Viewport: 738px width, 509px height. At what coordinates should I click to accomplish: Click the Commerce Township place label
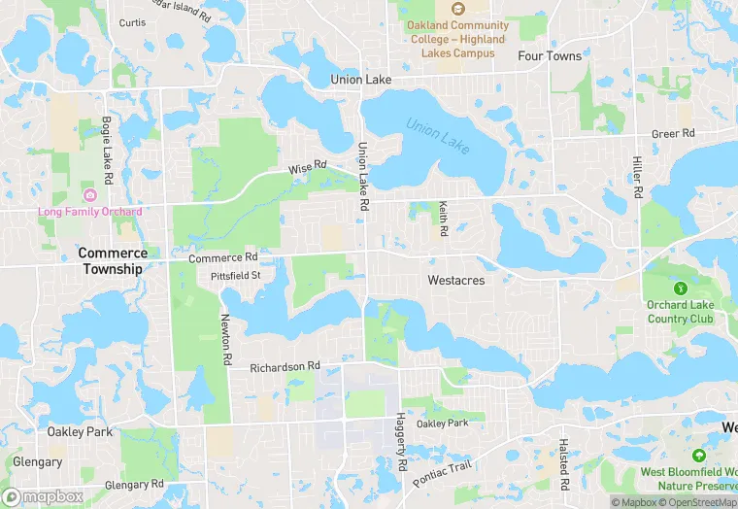113,260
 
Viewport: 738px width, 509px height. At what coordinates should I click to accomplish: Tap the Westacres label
455,280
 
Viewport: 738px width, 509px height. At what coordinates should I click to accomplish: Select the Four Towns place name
550,56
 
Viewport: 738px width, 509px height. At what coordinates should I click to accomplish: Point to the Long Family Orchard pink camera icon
90,195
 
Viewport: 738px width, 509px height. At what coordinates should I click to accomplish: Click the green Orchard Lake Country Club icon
681,288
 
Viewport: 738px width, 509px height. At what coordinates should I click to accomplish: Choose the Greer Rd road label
673,133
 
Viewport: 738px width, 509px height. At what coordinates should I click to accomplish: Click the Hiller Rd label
638,177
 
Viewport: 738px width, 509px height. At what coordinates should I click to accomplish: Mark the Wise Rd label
307,168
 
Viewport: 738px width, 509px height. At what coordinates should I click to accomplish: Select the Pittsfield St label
236,276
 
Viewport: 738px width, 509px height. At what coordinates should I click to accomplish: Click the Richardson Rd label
285,367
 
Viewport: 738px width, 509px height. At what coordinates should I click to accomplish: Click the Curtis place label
132,21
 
